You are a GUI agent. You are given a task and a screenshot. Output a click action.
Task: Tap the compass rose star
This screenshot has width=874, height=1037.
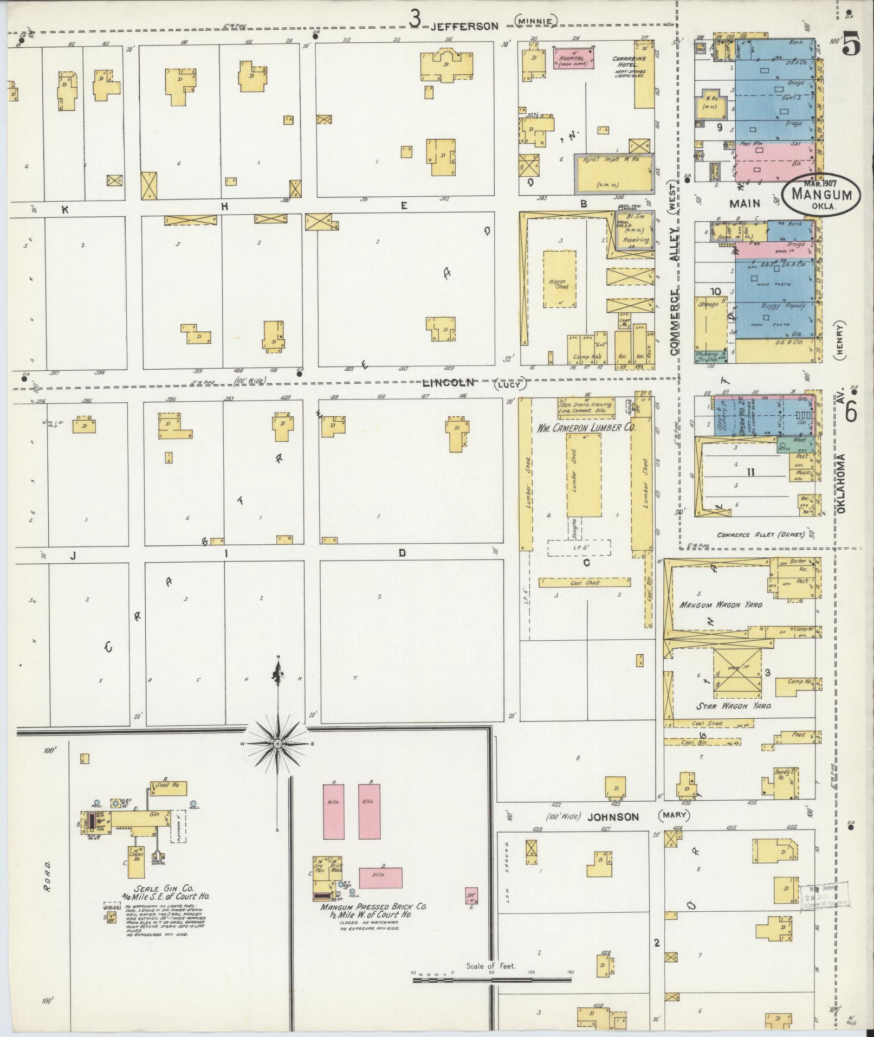[x=277, y=744]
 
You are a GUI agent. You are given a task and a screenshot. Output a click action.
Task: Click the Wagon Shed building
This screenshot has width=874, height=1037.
[x=560, y=279]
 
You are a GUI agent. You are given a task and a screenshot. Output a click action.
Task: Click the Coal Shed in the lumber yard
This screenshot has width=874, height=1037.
[x=585, y=582]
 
